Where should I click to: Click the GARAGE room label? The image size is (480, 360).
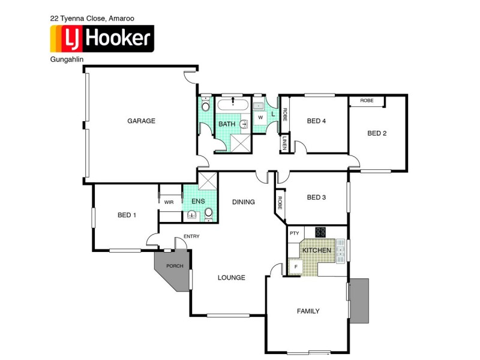pyautogui.click(x=141, y=121)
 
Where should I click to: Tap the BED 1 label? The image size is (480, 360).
pyautogui.click(x=127, y=215)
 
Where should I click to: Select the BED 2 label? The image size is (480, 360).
pyautogui.click(x=377, y=133)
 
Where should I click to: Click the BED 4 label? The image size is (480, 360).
pyautogui.click(x=316, y=121)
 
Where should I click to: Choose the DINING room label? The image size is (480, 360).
pyautogui.click(x=244, y=202)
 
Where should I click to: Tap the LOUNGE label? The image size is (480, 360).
pyautogui.click(x=232, y=277)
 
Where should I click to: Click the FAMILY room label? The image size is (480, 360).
pyautogui.click(x=308, y=311)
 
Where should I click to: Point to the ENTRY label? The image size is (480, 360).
pyautogui.click(x=191, y=236)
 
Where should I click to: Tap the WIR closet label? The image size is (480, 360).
pyautogui.click(x=169, y=202)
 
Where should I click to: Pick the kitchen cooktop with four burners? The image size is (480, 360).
pyautogui.click(x=320, y=232)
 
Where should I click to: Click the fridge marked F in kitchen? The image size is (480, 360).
pyautogui.click(x=295, y=266)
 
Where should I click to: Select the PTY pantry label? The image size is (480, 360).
pyautogui.click(x=295, y=233)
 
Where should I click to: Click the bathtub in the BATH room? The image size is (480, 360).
pyautogui.click(x=232, y=104)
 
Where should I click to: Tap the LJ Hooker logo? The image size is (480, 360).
pyautogui.click(x=101, y=39)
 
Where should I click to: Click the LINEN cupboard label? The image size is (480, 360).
pyautogui.click(x=285, y=144)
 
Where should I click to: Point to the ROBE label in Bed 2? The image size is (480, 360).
pyautogui.click(x=367, y=101)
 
